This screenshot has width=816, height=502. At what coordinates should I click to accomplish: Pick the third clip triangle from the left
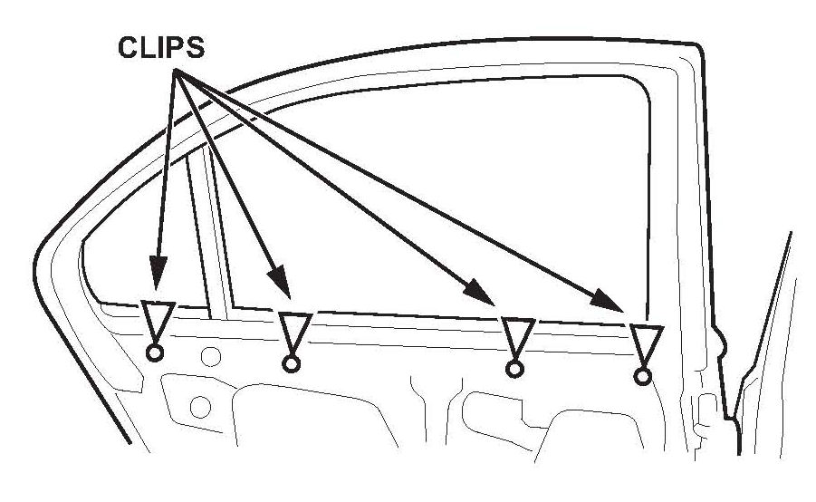click(x=518, y=338)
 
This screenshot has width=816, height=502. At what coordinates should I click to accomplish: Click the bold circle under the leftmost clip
click(x=153, y=353)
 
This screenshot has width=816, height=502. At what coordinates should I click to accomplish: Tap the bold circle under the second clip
click(x=291, y=364)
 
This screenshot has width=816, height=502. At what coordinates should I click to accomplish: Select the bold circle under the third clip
click(x=514, y=369)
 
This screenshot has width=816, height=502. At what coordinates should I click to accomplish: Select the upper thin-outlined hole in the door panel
click(x=211, y=355)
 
